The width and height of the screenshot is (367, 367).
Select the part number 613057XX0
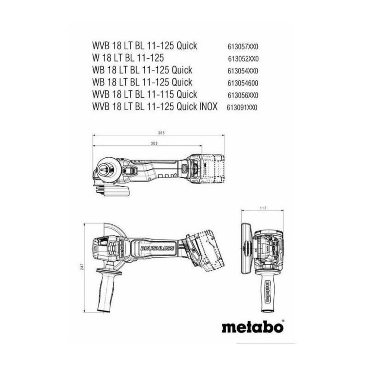tap(243, 47)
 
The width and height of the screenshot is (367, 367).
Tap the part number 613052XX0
tap(243, 59)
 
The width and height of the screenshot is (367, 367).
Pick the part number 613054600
tap(243, 83)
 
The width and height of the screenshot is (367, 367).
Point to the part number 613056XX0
tap(243, 95)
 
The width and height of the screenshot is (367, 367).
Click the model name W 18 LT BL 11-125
tap(128, 58)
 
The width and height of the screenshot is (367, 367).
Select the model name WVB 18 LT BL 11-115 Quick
tap(145, 94)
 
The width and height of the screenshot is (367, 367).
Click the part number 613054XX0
tap(243, 71)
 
